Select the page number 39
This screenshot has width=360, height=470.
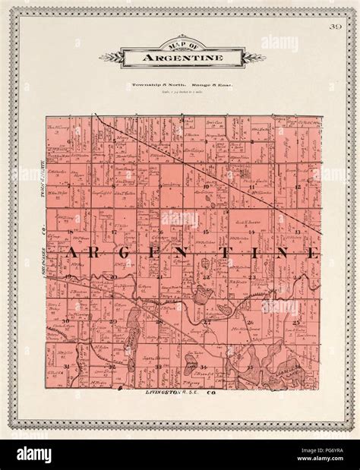335,29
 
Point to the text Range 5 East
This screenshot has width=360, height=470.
208,85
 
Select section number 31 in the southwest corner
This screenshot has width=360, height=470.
68,366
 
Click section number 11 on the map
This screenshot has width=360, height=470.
251,185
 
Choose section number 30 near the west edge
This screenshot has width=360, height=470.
67,321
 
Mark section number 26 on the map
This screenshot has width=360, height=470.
250,323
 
